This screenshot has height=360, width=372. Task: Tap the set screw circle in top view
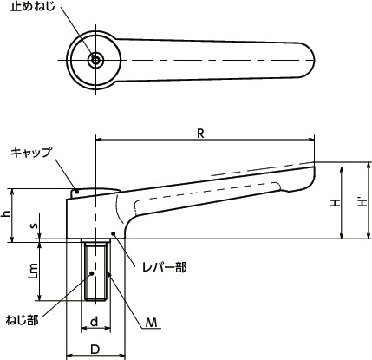(95, 60)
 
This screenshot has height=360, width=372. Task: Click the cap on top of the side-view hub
(94, 191)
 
